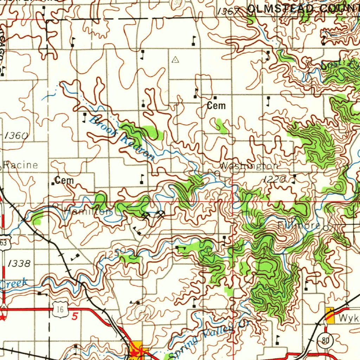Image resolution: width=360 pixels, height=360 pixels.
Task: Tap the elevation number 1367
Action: pos(228,12)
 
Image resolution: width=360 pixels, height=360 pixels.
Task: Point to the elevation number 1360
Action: pos(17,135)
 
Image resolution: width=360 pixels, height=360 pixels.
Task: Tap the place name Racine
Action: pos(21,165)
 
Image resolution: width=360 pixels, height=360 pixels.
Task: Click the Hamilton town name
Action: pos(88,212)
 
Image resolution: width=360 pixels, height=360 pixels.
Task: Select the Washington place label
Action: pos(250,166)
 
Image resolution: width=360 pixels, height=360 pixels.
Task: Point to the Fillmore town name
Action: pos(299,226)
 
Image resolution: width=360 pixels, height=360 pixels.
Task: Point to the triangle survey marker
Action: pos(175,60)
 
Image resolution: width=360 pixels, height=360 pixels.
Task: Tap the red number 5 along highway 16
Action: pos(75,317)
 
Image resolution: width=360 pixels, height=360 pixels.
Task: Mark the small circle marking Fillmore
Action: pos(326,228)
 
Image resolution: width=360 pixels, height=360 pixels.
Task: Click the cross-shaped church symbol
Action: pos(143,103)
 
